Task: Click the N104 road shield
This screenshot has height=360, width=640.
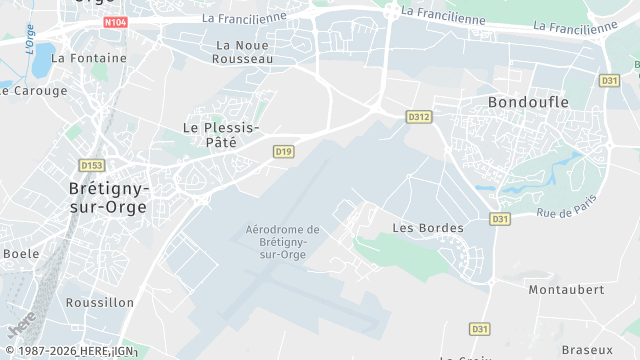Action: [x=114, y=21]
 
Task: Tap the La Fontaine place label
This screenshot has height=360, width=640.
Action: [x=89, y=58]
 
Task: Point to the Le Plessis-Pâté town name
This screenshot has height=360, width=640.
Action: [x=221, y=135]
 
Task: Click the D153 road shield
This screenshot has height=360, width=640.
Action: [x=92, y=165]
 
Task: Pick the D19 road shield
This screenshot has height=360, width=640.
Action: [x=284, y=151]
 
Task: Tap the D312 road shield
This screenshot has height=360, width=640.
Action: [x=419, y=117]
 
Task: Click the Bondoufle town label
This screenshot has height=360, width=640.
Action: [x=528, y=102]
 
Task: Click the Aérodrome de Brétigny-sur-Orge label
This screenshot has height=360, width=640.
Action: [x=283, y=242]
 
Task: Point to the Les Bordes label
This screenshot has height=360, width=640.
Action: [x=428, y=228]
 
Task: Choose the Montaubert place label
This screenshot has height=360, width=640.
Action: [x=566, y=289]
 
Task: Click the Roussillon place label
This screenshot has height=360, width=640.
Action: [x=99, y=302]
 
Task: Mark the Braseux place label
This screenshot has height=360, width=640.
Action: [x=587, y=350]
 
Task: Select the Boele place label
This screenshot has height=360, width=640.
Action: [x=20, y=253]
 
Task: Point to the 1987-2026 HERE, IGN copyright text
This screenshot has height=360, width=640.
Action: [x=68, y=351]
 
